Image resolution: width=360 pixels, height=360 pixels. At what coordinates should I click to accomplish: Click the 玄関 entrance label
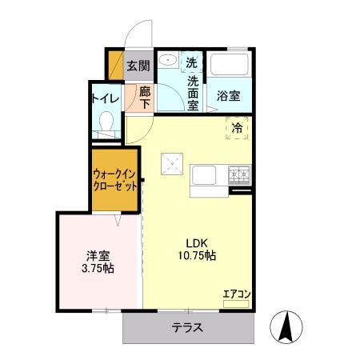pyautogui.click(x=138, y=66)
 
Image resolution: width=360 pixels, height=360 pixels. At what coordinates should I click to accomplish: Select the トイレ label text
pyautogui.click(x=105, y=98)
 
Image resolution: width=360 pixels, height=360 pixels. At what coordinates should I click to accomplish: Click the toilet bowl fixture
pyautogui.click(x=105, y=122)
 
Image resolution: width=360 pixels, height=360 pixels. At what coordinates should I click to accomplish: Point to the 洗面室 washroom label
pyautogui.click(x=193, y=87)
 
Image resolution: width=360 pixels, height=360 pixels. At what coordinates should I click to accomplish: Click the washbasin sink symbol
pyautogui.click(x=168, y=62)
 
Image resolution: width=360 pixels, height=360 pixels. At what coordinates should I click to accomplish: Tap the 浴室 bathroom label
pyautogui.click(x=229, y=96)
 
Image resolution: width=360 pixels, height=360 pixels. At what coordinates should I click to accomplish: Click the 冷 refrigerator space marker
pyautogui.click(x=238, y=126)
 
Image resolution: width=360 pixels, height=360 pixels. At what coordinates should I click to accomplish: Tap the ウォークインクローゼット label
pyautogui.click(x=114, y=178)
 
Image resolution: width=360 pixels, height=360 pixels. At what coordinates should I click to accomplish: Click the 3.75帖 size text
pyautogui.click(x=98, y=269)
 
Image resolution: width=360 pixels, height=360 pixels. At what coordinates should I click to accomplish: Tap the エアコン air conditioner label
pyautogui.click(x=236, y=294)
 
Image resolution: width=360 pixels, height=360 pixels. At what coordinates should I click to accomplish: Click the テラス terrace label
pyautogui.click(x=187, y=327)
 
